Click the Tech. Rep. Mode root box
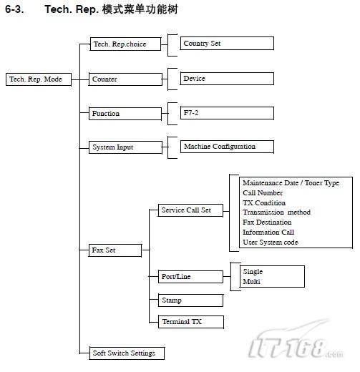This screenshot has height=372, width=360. (39, 79)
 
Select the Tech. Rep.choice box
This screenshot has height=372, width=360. (125, 44)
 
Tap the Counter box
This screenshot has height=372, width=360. (125, 79)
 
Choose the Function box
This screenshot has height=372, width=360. (125, 114)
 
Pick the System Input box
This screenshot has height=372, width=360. (125, 147)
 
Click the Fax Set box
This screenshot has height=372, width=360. (115, 250)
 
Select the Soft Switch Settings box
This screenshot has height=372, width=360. (127, 353)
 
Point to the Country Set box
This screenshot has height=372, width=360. (227, 44)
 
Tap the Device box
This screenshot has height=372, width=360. (227, 79)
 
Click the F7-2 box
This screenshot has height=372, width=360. (227, 113)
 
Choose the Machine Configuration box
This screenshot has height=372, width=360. (227, 147)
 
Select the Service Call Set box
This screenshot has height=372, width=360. (190, 210)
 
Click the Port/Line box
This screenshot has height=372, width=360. (190, 277)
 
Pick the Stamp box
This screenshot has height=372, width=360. (190, 300)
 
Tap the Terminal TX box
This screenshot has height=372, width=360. (191, 322)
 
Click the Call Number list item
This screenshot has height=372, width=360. (263, 193)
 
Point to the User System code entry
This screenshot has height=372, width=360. (271, 243)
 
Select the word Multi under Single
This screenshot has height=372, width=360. (251, 282)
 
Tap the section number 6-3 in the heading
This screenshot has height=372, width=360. (14, 9)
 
